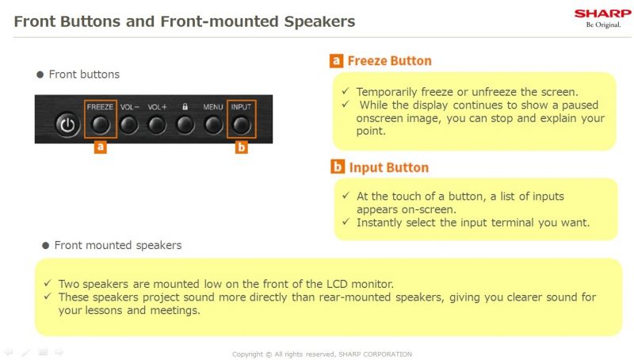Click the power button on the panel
(67, 124)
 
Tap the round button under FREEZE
(101, 125)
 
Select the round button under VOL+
(156, 125)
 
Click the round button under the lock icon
(185, 125)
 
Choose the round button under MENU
(213, 125)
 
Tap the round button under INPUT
(242, 125)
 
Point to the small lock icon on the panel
(185, 107)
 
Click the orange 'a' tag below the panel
(101, 147)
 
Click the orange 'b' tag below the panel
(242, 147)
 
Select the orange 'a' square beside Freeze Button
(336, 61)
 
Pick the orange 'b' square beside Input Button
(338, 167)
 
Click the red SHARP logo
(602, 13)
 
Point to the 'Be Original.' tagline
(603, 25)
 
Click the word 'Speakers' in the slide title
(319, 21)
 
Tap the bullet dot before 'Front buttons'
(40, 75)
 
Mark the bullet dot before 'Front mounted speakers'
(46, 246)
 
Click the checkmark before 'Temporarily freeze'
(345, 91)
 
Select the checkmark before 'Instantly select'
(346, 222)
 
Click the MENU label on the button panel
(213, 107)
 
